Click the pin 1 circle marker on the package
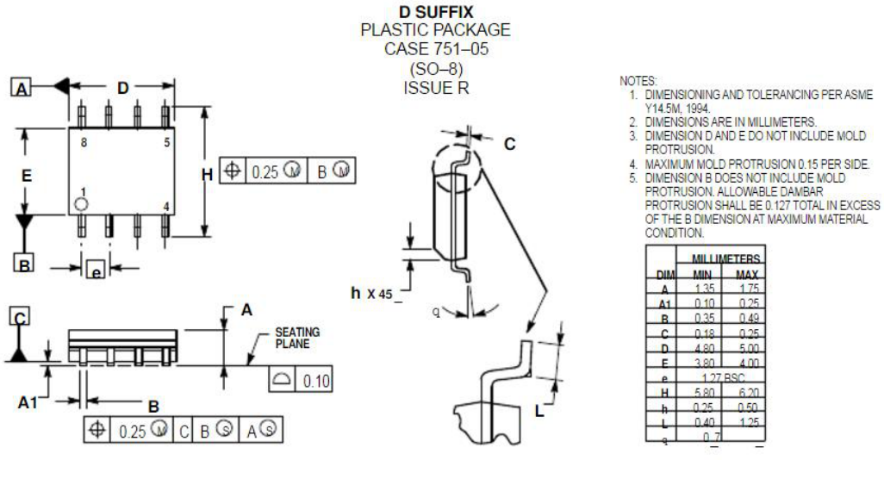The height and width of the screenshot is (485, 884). tap(80, 204)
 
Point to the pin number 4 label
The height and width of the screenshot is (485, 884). tap(165, 207)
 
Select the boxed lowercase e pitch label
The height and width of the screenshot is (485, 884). tap(96, 270)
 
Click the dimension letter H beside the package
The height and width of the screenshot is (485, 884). tap(207, 175)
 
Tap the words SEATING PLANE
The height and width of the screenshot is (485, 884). tap(297, 337)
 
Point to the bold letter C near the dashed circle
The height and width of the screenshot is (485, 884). tap(509, 145)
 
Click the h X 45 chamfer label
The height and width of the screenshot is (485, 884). tap(377, 294)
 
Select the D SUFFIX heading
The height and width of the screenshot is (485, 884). tap(436, 12)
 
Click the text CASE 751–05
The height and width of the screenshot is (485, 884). tap(436, 49)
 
